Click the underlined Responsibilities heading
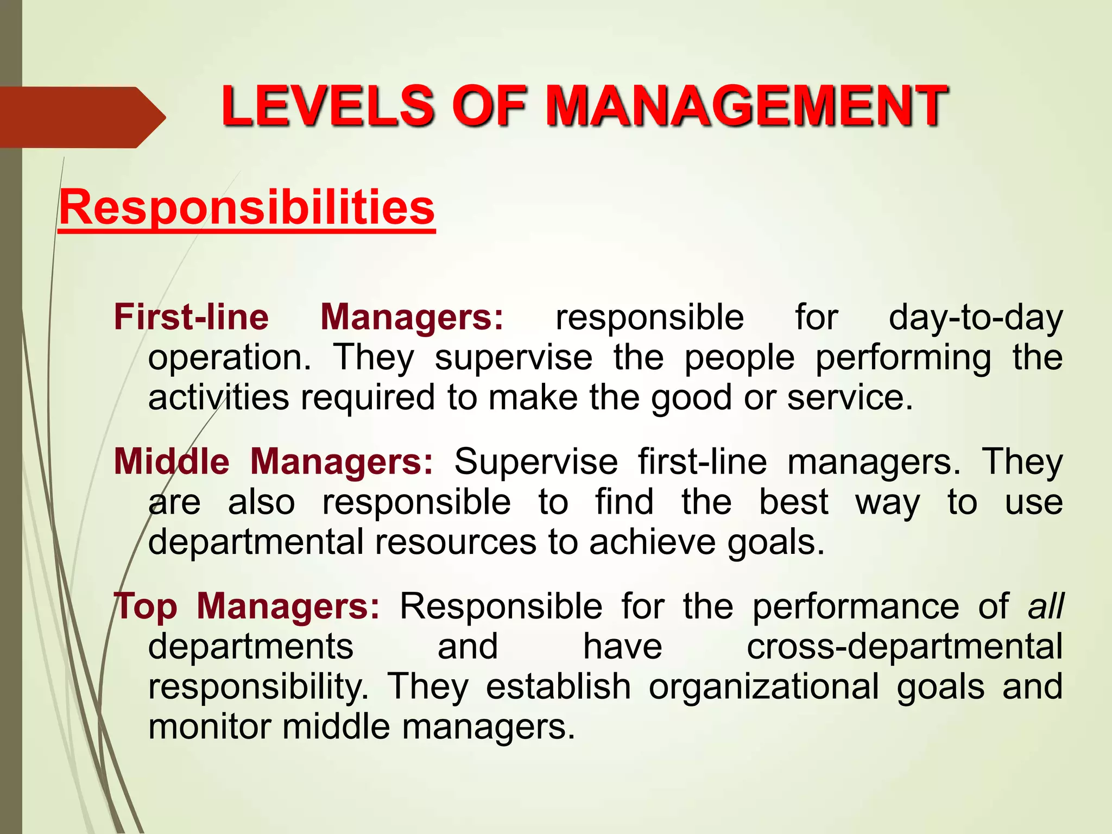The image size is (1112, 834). tap(247, 207)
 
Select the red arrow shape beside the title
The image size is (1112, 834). tap(81, 117)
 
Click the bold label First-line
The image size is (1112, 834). tap(191, 317)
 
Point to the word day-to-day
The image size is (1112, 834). tap(975, 318)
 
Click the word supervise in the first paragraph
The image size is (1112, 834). tap(513, 358)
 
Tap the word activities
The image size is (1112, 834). tap(218, 397)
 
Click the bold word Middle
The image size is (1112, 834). tap(172, 462)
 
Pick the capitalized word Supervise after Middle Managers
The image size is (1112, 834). tap(536, 463)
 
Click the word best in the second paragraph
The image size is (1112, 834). tap(793, 502)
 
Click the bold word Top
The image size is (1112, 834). tap(146, 606)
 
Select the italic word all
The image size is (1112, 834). tap(1046, 606)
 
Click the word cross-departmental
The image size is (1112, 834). tap(904, 647)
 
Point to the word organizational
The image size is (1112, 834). tap(763, 687)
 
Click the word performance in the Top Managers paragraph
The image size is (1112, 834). tap(856, 608)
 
